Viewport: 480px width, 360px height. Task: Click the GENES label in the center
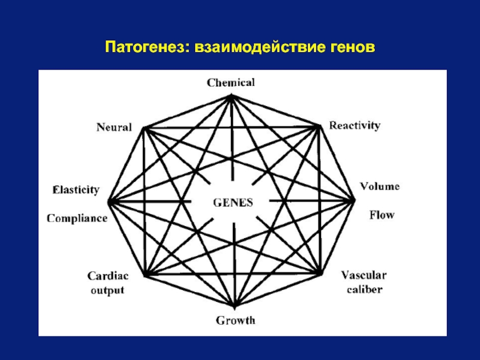coord(233,203)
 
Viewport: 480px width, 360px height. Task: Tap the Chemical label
coord(231,83)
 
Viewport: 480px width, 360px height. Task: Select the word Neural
coord(114,127)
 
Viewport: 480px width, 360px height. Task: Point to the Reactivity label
coord(355,125)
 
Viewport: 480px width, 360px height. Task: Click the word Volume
coord(380,186)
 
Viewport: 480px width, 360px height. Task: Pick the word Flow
coord(382,215)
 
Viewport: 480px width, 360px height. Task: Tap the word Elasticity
coord(76,190)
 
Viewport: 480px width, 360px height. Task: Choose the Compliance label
coord(77,218)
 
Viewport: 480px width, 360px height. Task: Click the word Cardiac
coord(108,276)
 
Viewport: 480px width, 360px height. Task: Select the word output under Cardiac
coord(108,290)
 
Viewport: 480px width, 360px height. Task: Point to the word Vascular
coord(364,275)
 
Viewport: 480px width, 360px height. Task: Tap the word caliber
coord(365,289)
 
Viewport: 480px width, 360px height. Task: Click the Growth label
coord(235,320)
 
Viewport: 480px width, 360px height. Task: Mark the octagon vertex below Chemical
coord(231,97)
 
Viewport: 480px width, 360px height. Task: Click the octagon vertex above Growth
coord(234,306)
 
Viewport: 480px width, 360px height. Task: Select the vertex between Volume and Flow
coord(353,200)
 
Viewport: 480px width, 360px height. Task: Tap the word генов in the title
coord(353,47)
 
